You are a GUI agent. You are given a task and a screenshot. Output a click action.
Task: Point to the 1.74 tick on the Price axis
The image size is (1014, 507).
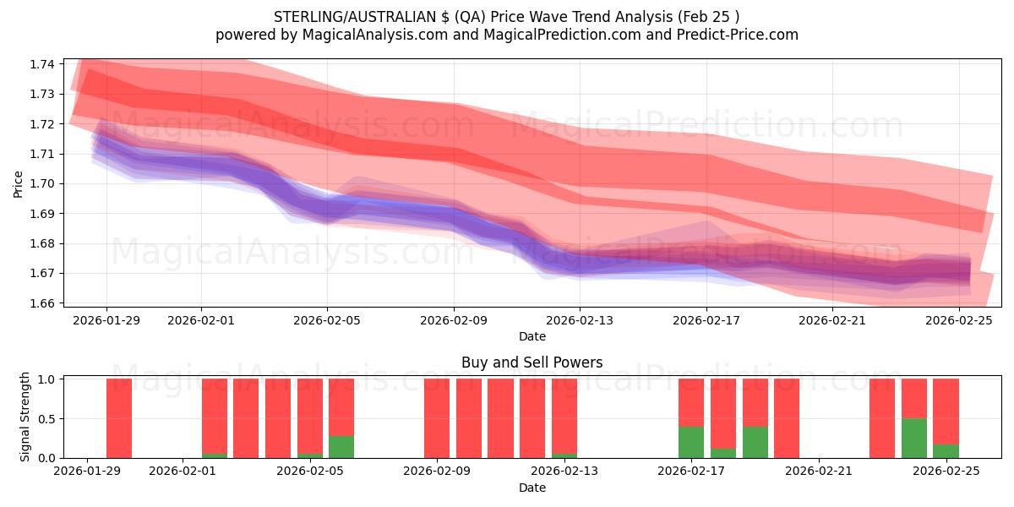click(42, 64)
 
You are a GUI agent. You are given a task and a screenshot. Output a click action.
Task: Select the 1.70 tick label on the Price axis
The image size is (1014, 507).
click(42, 183)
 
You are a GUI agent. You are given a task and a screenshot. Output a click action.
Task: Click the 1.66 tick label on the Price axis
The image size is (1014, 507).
click(42, 303)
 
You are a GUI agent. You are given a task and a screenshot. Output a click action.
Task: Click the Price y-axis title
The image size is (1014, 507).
click(19, 183)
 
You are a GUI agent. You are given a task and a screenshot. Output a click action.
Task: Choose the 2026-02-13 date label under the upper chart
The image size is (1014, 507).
click(580, 320)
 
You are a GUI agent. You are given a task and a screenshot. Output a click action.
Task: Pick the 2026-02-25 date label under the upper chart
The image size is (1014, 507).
click(959, 320)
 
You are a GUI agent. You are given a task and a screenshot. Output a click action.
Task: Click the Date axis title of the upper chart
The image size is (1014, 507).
click(532, 336)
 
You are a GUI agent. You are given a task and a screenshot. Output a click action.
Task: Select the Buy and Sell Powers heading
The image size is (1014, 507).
click(532, 363)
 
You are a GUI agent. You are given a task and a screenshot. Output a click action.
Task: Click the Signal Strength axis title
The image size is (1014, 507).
click(25, 417)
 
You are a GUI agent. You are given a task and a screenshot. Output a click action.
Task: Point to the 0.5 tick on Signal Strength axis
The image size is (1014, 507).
click(46, 418)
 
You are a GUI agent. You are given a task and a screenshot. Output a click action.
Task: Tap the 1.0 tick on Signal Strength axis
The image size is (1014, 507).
click(46, 379)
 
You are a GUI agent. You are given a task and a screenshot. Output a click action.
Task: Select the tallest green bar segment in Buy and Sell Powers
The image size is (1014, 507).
click(914, 438)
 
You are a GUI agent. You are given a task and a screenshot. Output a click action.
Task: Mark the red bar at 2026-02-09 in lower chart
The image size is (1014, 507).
click(437, 418)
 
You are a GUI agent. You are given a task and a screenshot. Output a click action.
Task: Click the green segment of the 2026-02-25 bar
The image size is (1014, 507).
click(946, 450)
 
